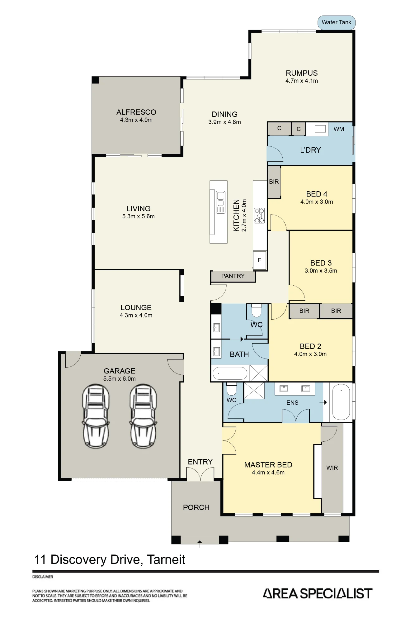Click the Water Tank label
point(336,22)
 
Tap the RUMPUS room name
point(302,73)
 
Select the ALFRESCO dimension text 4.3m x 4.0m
point(136,120)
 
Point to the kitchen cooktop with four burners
point(259,215)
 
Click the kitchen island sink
point(221,202)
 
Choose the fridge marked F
point(260,260)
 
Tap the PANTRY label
point(233,276)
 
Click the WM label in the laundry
point(339,129)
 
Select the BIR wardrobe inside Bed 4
point(274,182)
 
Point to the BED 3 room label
point(321,263)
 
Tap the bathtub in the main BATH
point(230,373)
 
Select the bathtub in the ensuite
point(341,402)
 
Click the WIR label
point(332,468)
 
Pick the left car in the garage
point(96,416)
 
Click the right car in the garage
point(144,416)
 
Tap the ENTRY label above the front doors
point(200,462)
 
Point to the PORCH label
point(196,507)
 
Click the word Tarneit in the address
point(166,559)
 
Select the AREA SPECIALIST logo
point(318,593)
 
